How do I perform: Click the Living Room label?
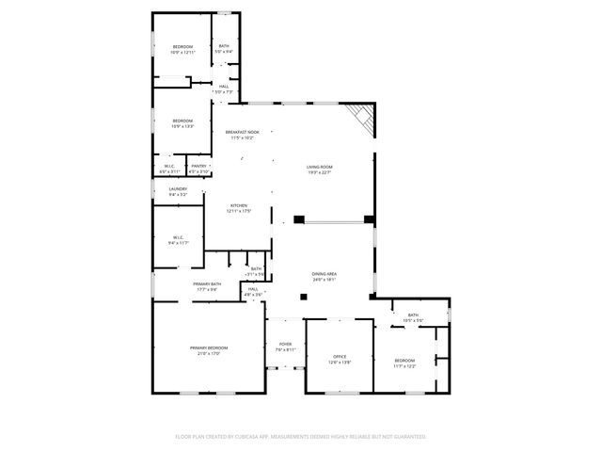pos(320,167)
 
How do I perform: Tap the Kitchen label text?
pos(239,205)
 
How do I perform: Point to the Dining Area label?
pos(325,274)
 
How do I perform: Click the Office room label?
pos(341,356)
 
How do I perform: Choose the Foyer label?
pos(285,344)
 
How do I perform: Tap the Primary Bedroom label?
pos(209,347)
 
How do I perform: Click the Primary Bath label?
pos(207,283)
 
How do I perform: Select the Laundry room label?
pos(178,188)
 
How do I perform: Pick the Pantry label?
pos(198,166)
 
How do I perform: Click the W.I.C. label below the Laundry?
pos(178,236)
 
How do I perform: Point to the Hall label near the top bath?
pos(224,86)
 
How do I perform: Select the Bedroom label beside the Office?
pos(404,361)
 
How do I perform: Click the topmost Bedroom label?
pos(182,47)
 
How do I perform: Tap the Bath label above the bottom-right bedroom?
pos(413,315)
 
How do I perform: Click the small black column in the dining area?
pos(302,297)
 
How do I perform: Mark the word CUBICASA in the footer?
pos(257,437)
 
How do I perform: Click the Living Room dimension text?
pos(320,172)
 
